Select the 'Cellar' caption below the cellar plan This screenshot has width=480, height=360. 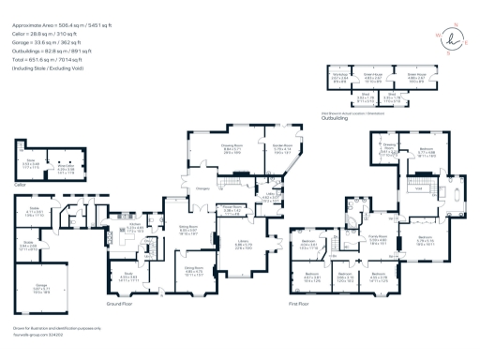tap(22, 185)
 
